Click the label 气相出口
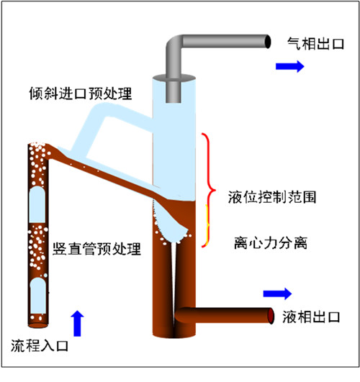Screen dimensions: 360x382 [315, 44]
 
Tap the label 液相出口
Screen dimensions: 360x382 [311, 317]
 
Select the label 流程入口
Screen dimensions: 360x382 [40, 345]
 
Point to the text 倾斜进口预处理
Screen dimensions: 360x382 [81, 94]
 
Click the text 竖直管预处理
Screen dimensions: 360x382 [96, 249]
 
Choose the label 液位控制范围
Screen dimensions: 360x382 [272, 197]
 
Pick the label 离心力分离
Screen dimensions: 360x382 [271, 242]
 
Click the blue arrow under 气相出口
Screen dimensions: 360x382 [290, 66]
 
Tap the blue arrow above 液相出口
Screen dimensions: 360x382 [278, 294]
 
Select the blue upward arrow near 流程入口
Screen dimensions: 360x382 [77, 324]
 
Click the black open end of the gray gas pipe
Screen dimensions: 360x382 [268, 42]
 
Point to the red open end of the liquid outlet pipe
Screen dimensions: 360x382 [271, 316]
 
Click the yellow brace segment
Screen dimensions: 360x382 [208, 224]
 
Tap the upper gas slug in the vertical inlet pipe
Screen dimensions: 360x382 [37, 204]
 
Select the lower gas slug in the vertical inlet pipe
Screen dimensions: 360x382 [38, 296]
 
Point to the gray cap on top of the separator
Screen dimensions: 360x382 [174, 78]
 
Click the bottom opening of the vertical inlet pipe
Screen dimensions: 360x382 [38, 325]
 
